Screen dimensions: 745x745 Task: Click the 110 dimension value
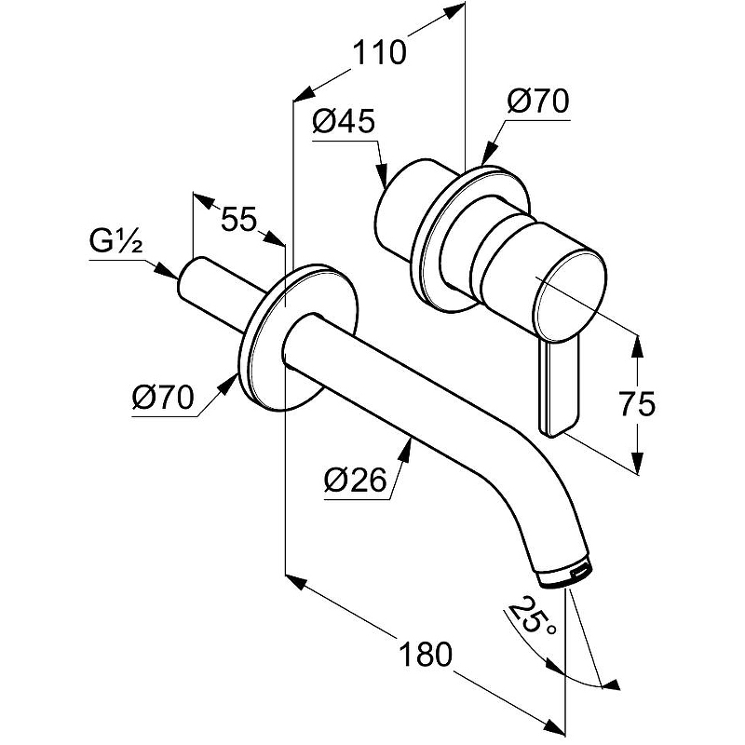379,53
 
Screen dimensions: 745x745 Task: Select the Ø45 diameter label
343,121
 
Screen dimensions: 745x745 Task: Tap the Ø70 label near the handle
538,101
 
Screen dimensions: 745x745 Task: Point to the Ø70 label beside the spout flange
163,399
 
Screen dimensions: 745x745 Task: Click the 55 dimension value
238,221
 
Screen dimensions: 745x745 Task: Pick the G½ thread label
115,243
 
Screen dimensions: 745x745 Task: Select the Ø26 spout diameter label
355,481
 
